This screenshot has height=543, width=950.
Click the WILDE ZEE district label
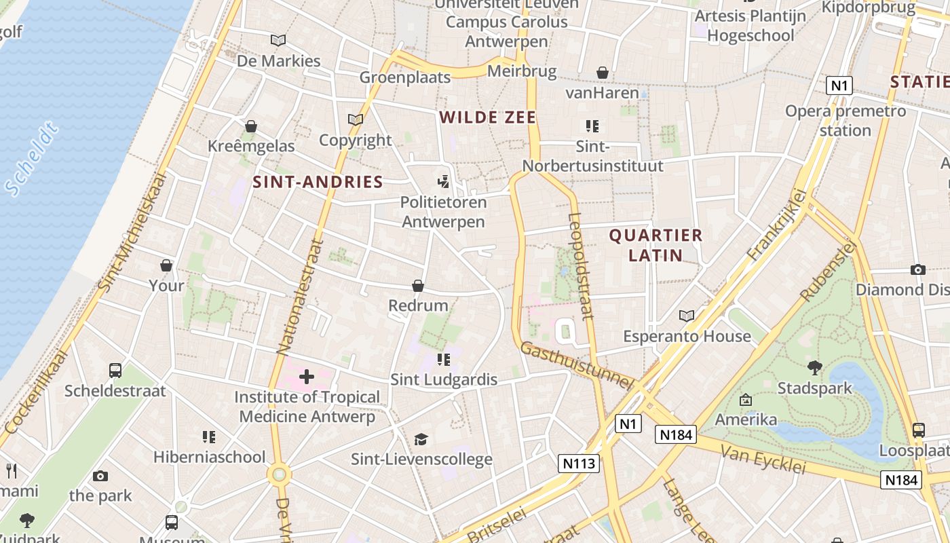click(x=487, y=117)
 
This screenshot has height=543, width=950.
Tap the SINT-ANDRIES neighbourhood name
click(x=318, y=182)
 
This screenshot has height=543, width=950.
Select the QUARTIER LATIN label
click(x=655, y=245)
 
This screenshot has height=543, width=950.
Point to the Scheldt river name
click(x=31, y=160)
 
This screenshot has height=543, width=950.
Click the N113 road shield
click(x=579, y=464)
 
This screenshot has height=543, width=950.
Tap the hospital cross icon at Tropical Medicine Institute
click(x=307, y=376)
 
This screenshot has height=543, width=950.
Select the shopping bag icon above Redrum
click(x=418, y=286)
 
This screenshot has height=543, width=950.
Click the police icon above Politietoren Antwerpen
click(x=444, y=181)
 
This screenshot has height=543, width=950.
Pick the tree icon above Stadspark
click(x=814, y=368)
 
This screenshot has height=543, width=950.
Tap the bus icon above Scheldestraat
click(x=115, y=371)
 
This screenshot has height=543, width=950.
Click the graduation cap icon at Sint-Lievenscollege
click(x=421, y=439)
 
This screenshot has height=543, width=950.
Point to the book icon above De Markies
click(x=278, y=40)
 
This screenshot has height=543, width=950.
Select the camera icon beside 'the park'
click(x=100, y=476)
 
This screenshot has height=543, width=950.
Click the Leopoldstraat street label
click(x=581, y=266)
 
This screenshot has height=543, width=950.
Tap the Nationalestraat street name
click(x=301, y=297)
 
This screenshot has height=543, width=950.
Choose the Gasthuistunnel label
click(x=577, y=366)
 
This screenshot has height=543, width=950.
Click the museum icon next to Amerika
click(x=746, y=400)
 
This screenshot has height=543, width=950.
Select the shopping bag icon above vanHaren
click(x=602, y=73)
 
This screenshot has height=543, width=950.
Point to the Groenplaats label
click(x=404, y=77)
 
